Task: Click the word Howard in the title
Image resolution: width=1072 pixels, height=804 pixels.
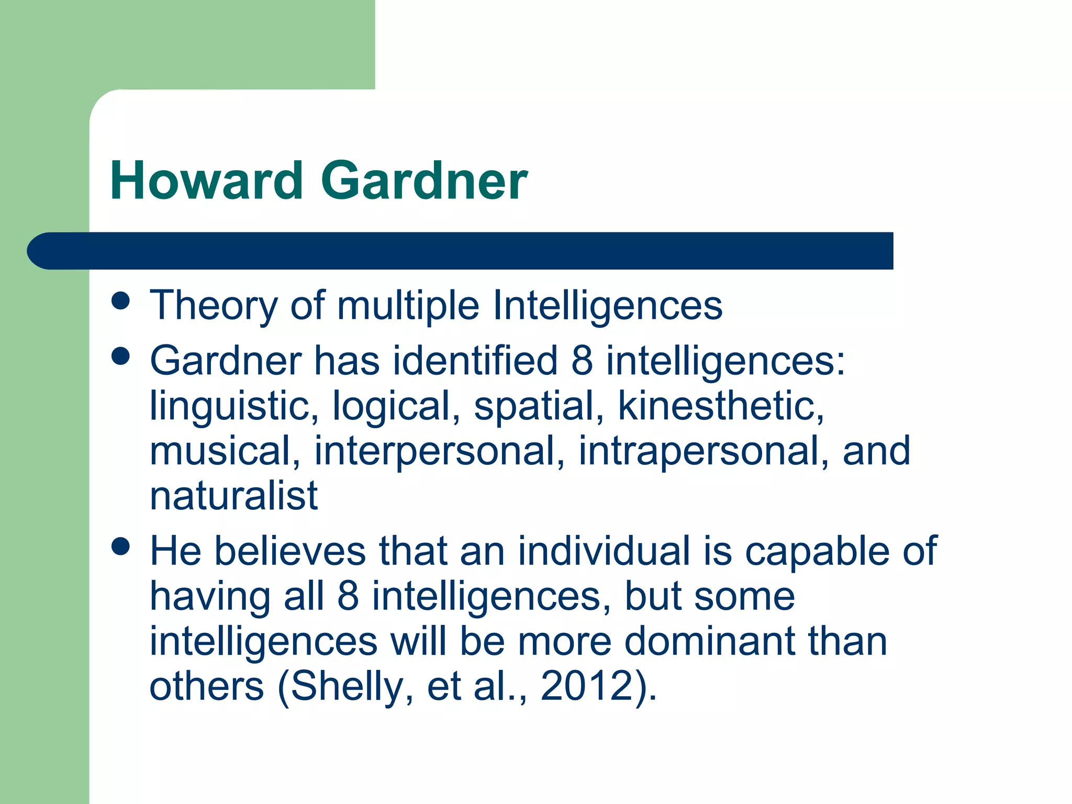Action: point(206,181)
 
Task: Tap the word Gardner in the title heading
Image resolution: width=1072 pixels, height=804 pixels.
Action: point(425,181)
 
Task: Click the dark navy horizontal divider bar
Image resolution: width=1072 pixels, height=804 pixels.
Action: point(461,251)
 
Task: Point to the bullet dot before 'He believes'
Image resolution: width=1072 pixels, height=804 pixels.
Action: point(121,547)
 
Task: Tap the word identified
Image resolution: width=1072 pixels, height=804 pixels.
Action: point(475,361)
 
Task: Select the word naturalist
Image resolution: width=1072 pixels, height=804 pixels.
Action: point(234,496)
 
